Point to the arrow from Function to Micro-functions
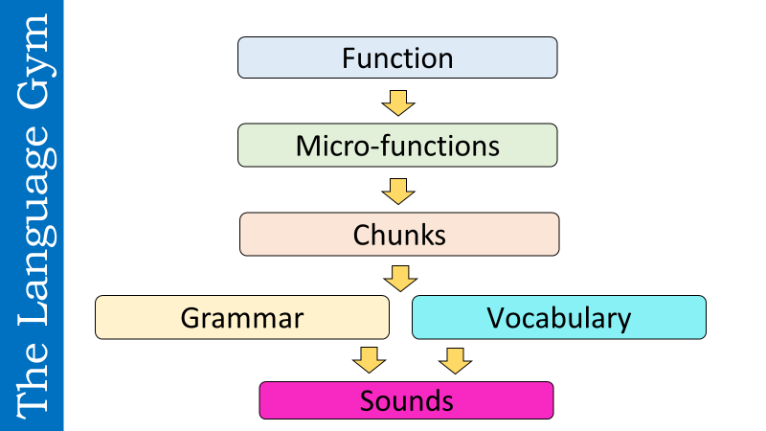click(397, 101)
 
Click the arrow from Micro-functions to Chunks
click(397, 190)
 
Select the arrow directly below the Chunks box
click(400, 278)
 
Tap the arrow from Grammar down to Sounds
click(369, 360)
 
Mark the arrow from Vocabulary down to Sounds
click(455, 360)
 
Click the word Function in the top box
click(397, 57)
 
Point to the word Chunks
click(399, 235)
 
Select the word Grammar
click(242, 317)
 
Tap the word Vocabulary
click(558, 317)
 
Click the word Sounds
click(406, 400)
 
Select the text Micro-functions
click(397, 146)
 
